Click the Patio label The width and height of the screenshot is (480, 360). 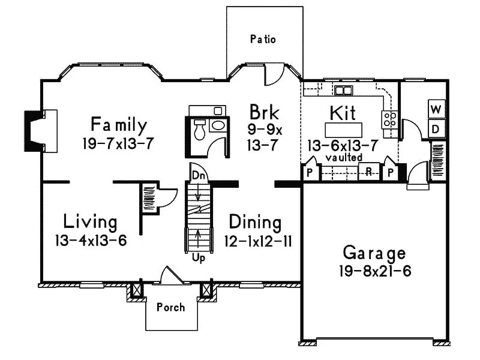(263, 40)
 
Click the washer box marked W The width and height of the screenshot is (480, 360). (437, 110)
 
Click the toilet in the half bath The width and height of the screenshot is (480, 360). (199, 127)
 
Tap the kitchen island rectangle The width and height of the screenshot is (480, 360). (344, 130)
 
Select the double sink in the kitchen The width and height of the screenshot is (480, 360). (343, 91)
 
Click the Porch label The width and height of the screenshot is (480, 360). (170, 307)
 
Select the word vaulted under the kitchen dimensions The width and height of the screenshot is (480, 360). (344, 157)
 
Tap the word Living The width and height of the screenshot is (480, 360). (91, 222)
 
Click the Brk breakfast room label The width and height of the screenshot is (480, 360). (263, 112)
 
